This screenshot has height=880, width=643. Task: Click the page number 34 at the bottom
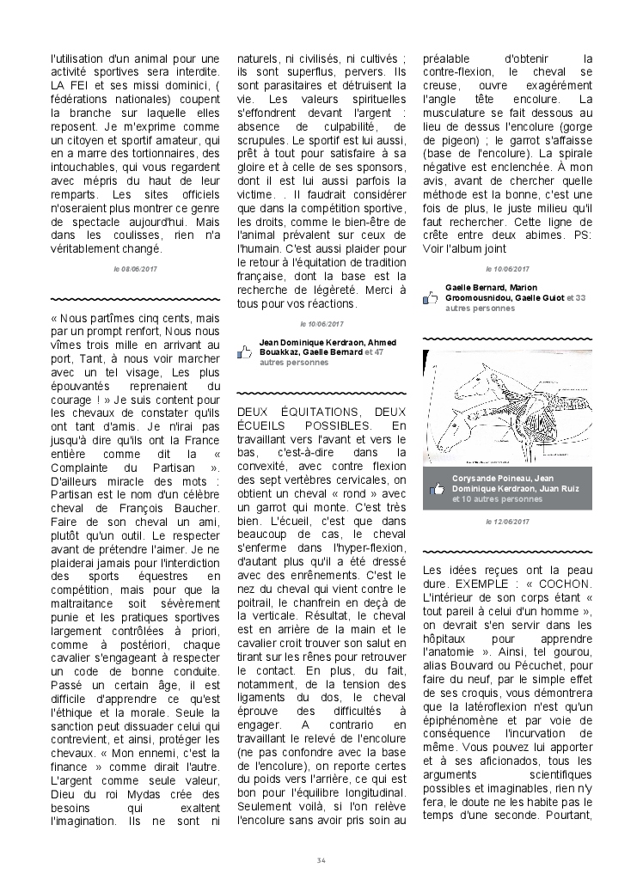click(321, 860)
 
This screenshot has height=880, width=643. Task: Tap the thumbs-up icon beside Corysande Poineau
click(437, 488)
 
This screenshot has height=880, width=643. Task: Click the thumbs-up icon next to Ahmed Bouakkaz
click(244, 351)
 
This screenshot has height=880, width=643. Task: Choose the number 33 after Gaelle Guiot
click(581, 297)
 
